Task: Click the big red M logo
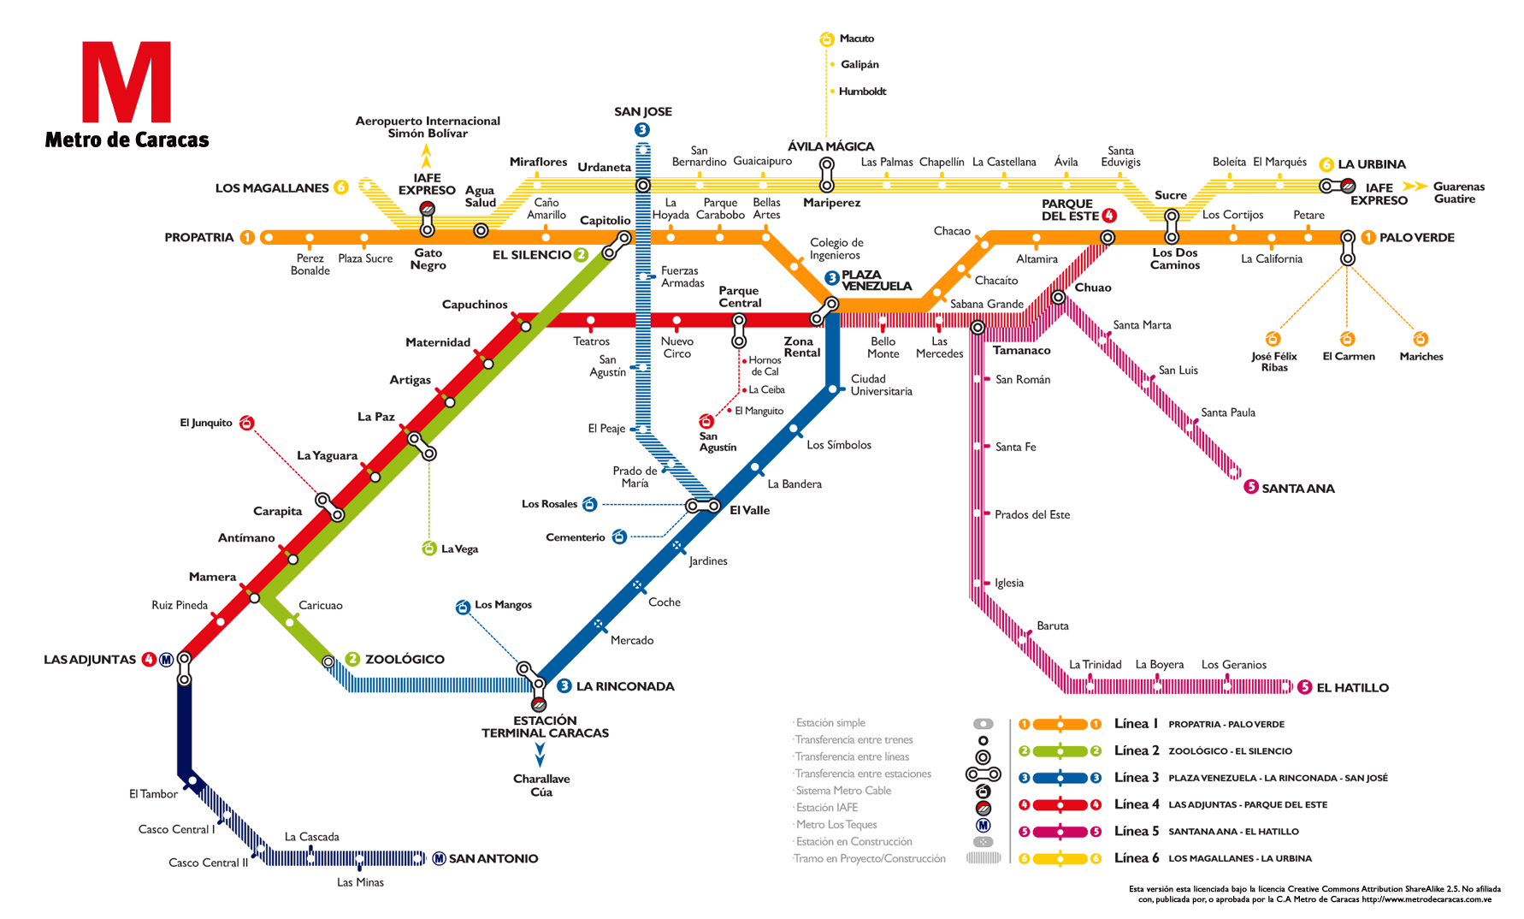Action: [x=127, y=81]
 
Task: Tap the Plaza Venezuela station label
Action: [x=877, y=280]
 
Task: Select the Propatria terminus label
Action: [x=199, y=237]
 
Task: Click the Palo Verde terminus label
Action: [x=1416, y=237]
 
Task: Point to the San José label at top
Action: [x=643, y=111]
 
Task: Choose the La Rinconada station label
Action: [x=625, y=686]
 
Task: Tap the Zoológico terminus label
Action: [x=405, y=659]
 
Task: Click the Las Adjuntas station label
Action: [x=90, y=660]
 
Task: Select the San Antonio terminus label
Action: [x=493, y=858]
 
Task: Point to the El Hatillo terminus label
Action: [x=1352, y=687]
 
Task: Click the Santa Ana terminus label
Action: [x=1298, y=488]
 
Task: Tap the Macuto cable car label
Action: [x=857, y=39]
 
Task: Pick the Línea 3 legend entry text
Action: [x=1137, y=778]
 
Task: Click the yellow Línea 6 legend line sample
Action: [x=1060, y=858]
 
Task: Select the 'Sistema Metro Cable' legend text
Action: [x=843, y=791]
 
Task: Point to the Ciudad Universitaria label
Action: [x=881, y=385]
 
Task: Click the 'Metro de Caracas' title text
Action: [x=127, y=139]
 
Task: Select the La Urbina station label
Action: [x=1372, y=164]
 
